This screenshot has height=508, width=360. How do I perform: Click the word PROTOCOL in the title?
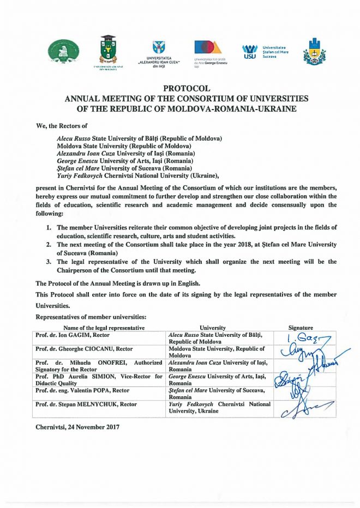coord(179,88)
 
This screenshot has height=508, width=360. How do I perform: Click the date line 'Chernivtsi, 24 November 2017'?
coord(77,427)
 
